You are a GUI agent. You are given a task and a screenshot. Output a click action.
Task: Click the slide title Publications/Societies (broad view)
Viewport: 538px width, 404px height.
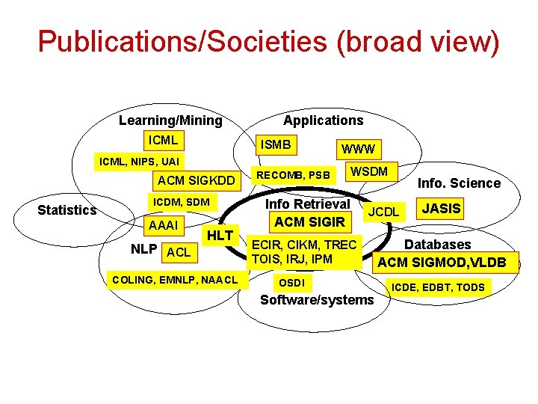[268, 42]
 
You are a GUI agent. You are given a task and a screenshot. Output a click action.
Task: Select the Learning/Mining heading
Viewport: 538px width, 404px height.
[170, 120]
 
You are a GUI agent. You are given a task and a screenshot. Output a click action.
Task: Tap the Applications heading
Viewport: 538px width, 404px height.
[323, 120]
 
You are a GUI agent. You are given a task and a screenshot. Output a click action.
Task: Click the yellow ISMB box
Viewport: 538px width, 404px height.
[276, 144]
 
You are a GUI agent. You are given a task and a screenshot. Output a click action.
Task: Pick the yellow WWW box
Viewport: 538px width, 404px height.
[358, 149]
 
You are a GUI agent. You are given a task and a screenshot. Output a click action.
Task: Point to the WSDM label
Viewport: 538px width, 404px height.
[369, 171]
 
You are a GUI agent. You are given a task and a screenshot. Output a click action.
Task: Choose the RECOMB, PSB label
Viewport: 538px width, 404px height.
[293, 176]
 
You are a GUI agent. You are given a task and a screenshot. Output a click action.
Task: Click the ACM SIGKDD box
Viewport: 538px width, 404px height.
[196, 180]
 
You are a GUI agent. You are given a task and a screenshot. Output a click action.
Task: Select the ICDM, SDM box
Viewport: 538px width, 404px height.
[181, 202]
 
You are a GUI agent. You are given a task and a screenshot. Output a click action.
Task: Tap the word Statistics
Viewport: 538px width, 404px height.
[67, 209]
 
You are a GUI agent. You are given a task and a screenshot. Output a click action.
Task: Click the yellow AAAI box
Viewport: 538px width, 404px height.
[164, 225]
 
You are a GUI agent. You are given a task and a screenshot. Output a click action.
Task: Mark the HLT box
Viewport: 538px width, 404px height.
[220, 235]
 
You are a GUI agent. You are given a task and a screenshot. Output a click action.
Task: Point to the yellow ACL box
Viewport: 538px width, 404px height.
[179, 253]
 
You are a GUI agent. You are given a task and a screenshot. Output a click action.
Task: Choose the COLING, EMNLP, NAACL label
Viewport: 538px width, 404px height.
[174, 280]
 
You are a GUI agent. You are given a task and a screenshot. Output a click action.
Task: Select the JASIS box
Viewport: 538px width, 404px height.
[442, 208]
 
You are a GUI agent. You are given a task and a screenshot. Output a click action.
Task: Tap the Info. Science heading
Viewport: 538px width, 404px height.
[459, 183]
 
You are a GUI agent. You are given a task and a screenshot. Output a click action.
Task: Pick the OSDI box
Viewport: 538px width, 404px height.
[291, 283]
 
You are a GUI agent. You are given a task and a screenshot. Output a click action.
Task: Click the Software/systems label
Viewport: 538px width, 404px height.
[316, 299]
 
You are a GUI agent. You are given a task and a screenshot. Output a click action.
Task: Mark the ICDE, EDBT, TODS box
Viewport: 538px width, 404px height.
[439, 287]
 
